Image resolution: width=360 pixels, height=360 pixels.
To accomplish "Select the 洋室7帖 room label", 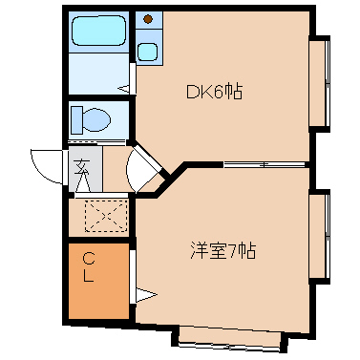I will point(222,253).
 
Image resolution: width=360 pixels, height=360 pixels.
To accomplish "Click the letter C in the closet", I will point(87,258).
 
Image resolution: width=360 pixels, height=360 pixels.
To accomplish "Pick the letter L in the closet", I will point(87,278).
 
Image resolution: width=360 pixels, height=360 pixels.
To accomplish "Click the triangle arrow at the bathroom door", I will point(124,91).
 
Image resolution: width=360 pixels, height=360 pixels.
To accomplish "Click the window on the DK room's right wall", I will point(322,84).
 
